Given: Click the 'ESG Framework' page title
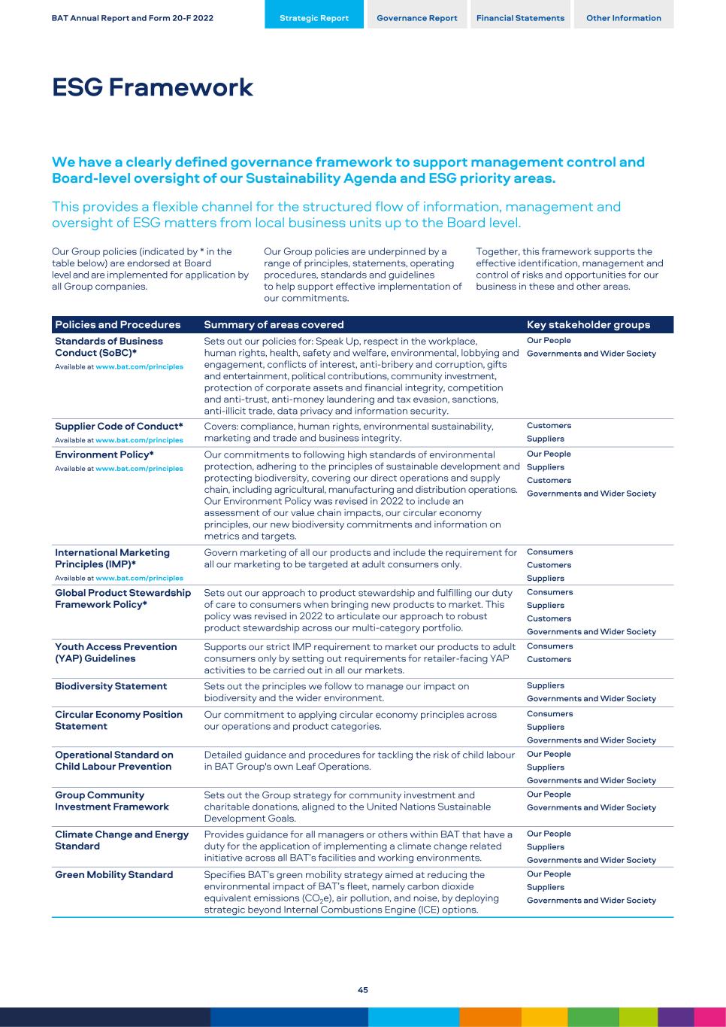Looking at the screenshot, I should tap(153, 88).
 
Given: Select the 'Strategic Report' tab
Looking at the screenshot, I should tap(314, 18).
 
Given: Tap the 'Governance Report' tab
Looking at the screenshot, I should tap(417, 18).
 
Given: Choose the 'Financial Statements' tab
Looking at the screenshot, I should tap(520, 18).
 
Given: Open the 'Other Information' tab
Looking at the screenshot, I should tap(624, 18).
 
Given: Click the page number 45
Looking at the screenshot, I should tap(363, 990).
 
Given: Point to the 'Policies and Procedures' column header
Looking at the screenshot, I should tap(118, 325).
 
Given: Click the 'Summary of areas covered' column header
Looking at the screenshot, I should tap(274, 325).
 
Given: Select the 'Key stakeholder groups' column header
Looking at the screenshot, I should tap(588, 325).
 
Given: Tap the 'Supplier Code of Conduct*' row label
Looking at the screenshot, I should tap(119, 427).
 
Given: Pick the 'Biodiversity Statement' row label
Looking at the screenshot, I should tap(111, 686).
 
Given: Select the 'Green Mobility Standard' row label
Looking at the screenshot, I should tap(114, 875).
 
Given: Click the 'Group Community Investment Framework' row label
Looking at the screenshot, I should tap(112, 801).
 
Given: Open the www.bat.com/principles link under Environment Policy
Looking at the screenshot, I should tap(139, 469).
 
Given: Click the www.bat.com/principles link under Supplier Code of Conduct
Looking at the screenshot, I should tap(139, 440).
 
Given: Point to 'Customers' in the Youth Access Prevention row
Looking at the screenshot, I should tap(549, 660).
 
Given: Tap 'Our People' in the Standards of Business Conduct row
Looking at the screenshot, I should tap(549, 341).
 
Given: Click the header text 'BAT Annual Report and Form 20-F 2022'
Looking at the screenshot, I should tap(132, 18).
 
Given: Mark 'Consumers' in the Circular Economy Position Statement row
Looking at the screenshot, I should tap(549, 714).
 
